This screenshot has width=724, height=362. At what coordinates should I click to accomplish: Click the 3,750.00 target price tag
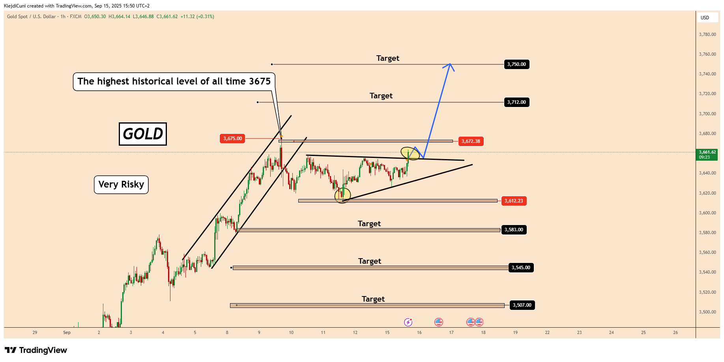(x=516, y=64)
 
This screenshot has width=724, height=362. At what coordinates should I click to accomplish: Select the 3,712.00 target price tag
(x=516, y=102)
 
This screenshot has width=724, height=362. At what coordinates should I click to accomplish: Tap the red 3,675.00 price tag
(x=232, y=139)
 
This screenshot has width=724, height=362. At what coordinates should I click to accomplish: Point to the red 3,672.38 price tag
(x=471, y=141)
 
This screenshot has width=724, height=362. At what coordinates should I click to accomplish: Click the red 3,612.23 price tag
(x=513, y=201)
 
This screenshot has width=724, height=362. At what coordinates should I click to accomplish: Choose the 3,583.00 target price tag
(x=514, y=230)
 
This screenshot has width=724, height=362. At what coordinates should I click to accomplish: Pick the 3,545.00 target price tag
(x=521, y=268)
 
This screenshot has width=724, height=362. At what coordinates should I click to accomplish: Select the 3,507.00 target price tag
(x=522, y=305)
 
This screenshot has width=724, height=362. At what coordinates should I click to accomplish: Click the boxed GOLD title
(x=143, y=134)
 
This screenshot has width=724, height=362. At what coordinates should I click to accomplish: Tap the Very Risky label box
(x=121, y=185)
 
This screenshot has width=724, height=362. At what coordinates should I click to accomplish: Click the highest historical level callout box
(x=174, y=82)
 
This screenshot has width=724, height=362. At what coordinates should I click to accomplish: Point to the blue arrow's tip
(x=450, y=64)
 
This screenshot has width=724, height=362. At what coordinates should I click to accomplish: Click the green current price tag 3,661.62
(x=707, y=154)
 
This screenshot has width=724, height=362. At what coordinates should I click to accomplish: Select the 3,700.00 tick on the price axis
(x=707, y=114)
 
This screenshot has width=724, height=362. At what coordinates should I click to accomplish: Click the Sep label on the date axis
(x=67, y=332)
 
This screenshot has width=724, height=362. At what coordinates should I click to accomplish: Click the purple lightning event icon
(x=408, y=322)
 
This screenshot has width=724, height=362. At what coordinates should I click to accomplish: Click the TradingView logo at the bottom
(x=36, y=350)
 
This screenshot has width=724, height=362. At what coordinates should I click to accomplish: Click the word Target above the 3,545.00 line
(x=370, y=261)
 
